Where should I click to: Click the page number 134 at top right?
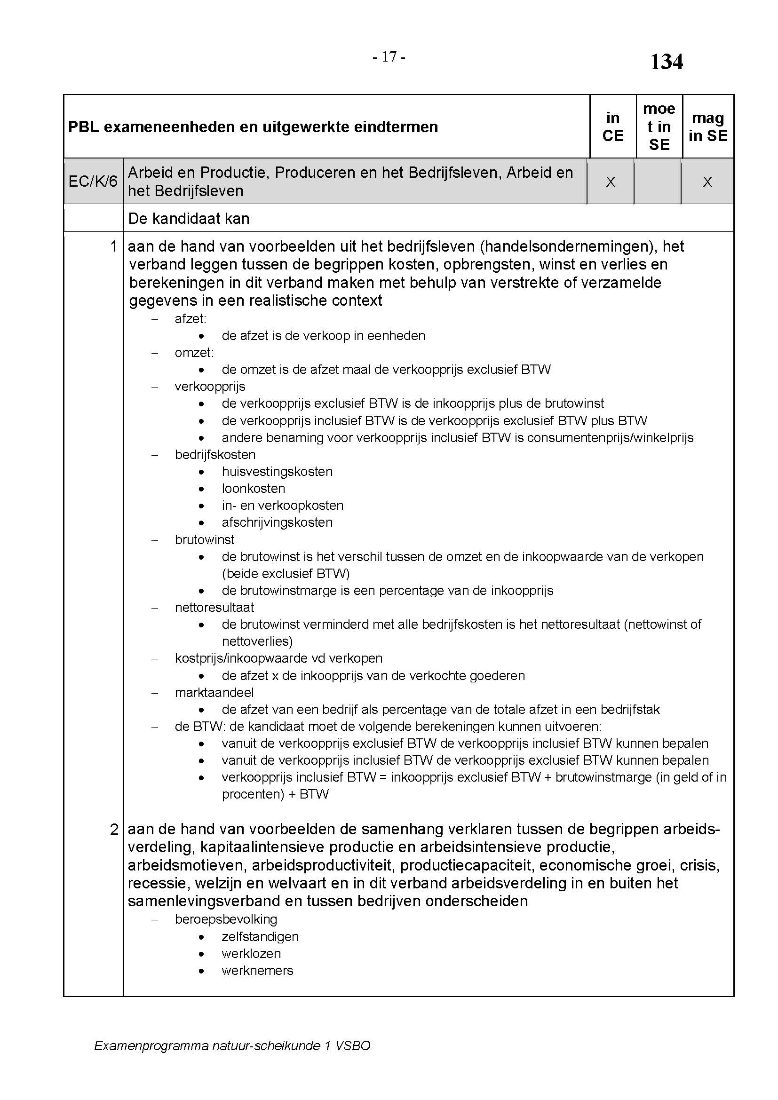tap(666, 62)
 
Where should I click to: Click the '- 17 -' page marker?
tap(389, 57)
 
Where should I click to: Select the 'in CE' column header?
tap(613, 127)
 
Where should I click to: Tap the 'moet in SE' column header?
tap(659, 127)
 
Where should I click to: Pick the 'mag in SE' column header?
tap(707, 127)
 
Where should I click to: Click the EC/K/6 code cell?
tap(93, 181)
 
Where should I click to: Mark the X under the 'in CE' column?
tap(611, 182)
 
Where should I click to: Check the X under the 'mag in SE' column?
tap(707, 182)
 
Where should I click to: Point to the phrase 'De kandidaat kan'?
tap(189, 219)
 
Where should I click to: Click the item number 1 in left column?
tap(113, 246)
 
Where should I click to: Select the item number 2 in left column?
tap(113, 829)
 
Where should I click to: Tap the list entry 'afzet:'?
tap(190, 318)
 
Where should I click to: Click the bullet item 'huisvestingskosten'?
tap(277, 471)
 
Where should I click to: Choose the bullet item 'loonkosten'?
tap(254, 488)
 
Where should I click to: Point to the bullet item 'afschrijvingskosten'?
tap(277, 522)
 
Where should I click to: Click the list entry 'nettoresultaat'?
tap(214, 608)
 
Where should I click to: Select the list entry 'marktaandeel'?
tap(214, 692)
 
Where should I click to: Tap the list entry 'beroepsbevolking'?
tap(226, 919)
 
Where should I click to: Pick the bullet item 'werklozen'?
tap(251, 953)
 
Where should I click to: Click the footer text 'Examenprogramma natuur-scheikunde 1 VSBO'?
tap(232, 1045)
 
